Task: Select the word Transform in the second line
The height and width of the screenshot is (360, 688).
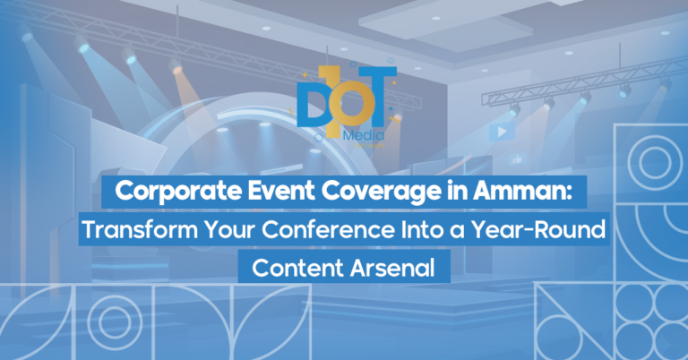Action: coord(133,230)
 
